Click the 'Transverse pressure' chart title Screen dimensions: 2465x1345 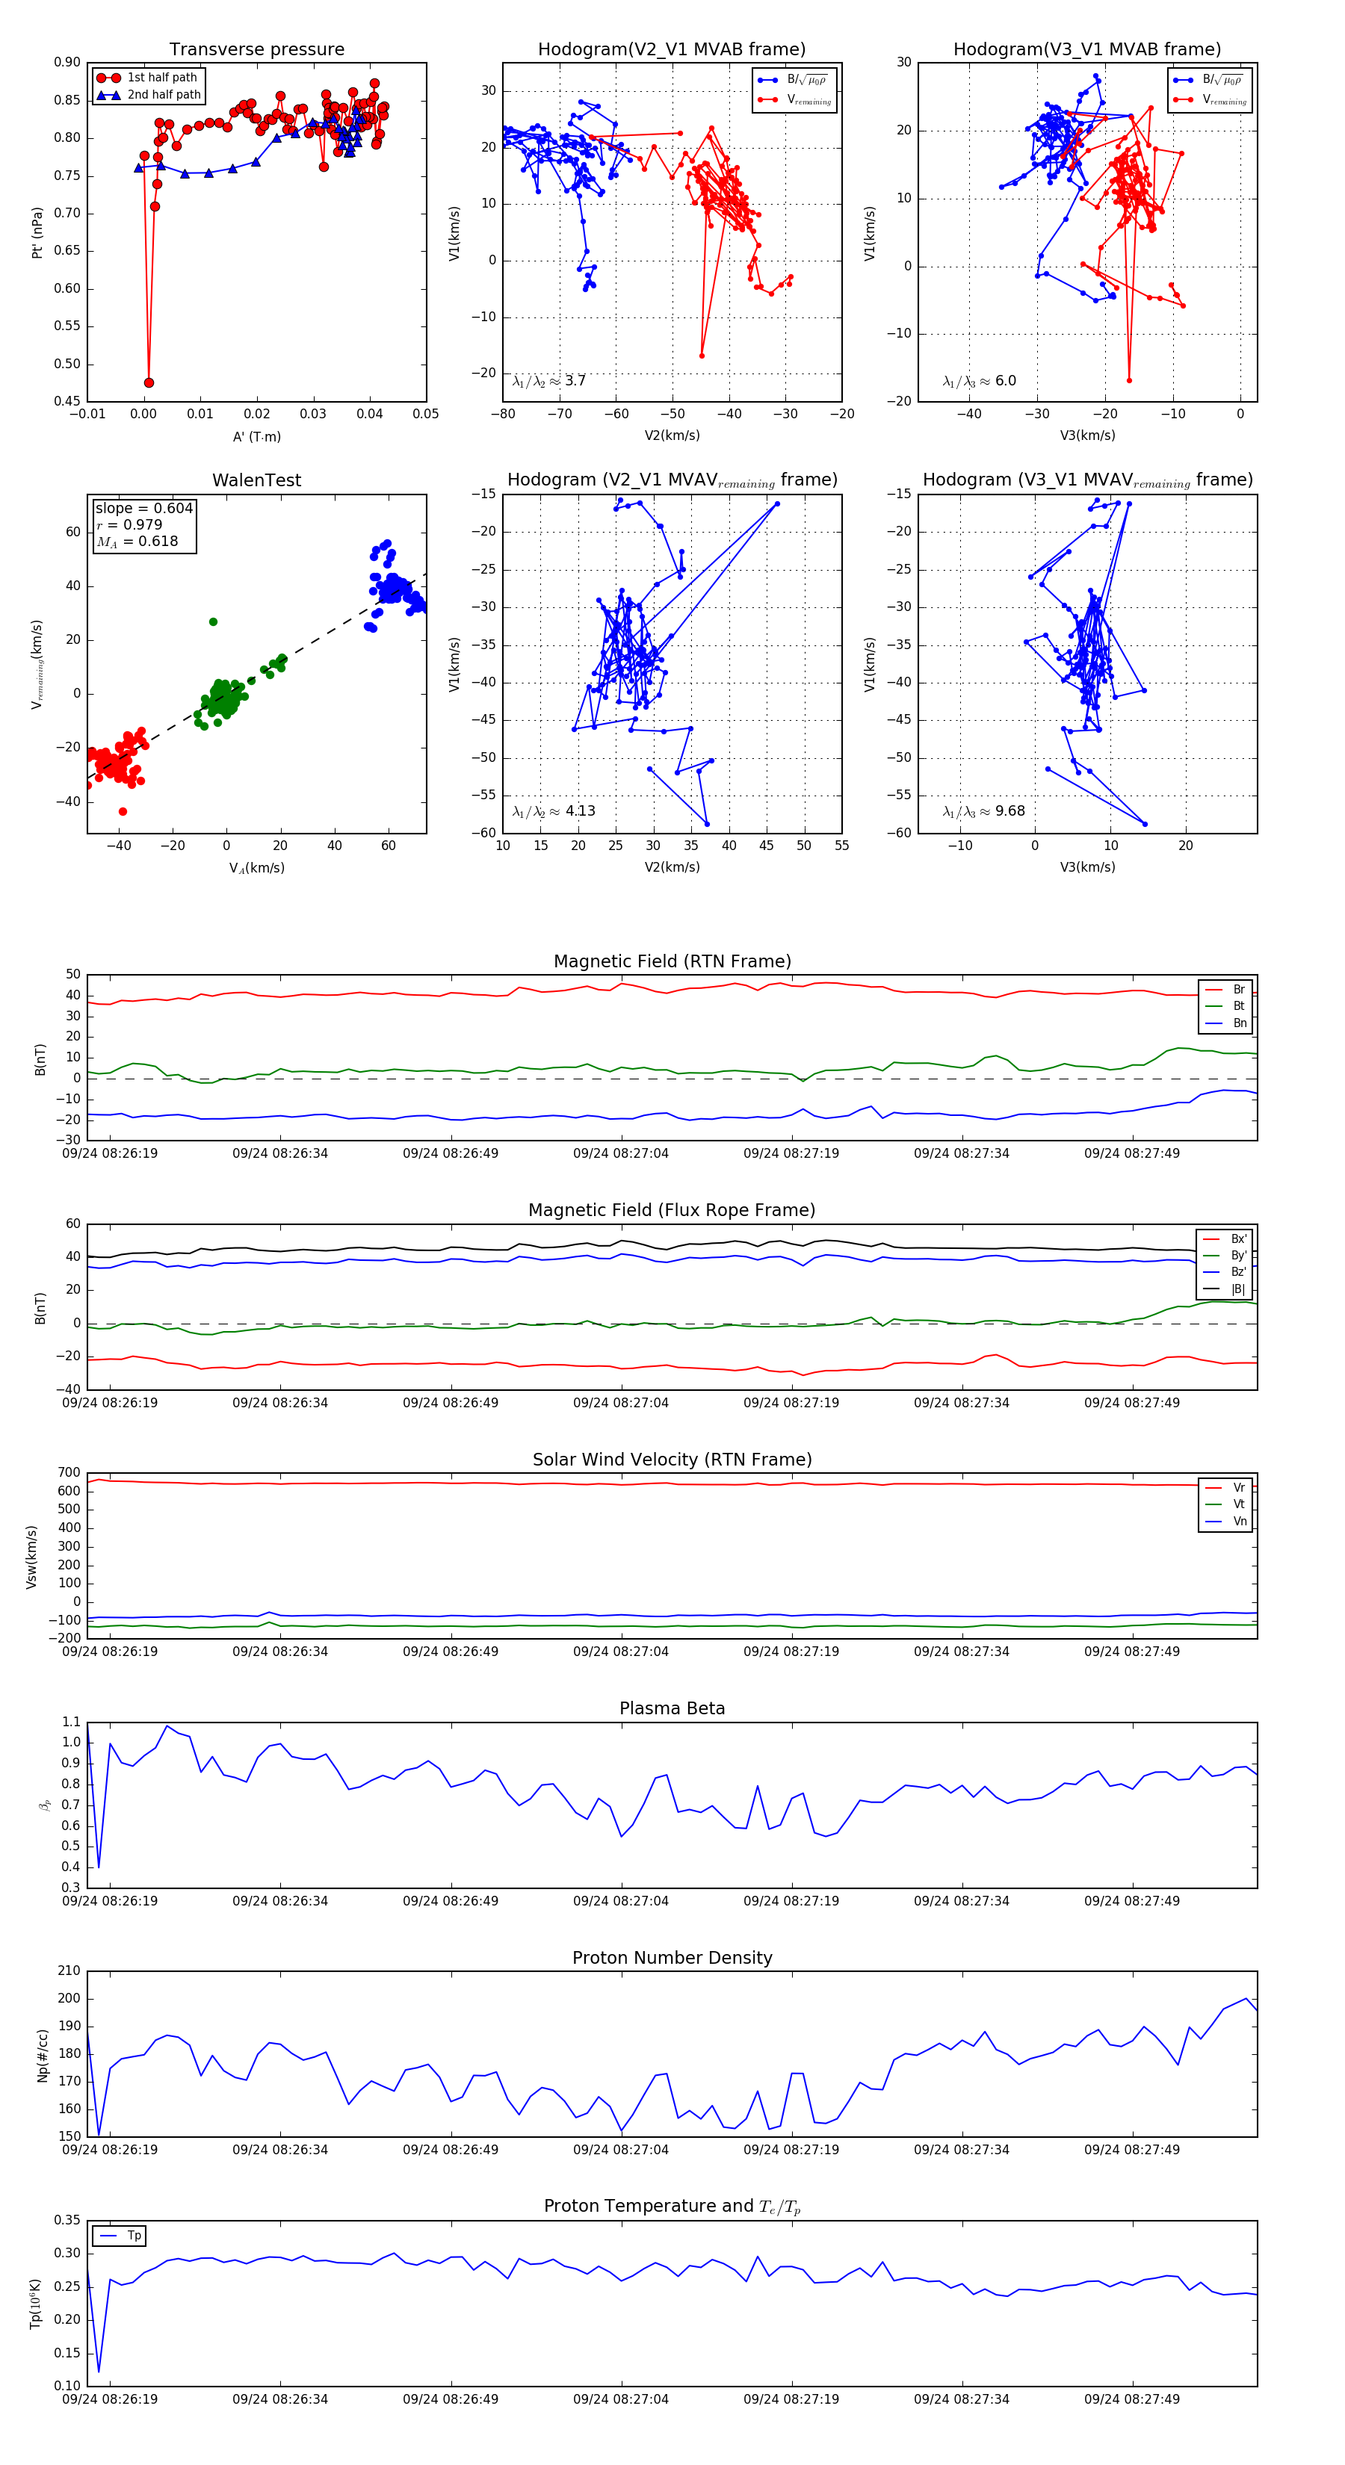pyautogui.click(x=256, y=50)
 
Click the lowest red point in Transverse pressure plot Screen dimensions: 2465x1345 pyautogui.click(x=149, y=382)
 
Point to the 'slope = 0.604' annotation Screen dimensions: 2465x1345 pyautogui.click(x=143, y=508)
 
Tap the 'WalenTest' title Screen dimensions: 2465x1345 pyautogui.click(x=256, y=480)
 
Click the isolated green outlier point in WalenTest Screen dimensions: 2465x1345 pyautogui.click(x=214, y=622)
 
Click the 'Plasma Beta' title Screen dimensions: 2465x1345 pyautogui.click(x=672, y=1708)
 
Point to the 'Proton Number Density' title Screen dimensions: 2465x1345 pyautogui.click(x=672, y=1958)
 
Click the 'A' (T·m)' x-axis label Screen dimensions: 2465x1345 pyautogui.click(x=256, y=436)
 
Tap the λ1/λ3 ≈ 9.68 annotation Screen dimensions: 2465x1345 pyautogui.click(x=983, y=811)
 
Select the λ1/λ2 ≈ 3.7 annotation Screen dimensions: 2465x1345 pyautogui.click(x=548, y=381)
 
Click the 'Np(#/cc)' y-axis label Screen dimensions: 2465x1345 pyautogui.click(x=42, y=2054)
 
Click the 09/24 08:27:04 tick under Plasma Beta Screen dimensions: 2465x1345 pyautogui.click(x=620, y=1901)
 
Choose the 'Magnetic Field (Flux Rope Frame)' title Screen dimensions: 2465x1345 pyautogui.click(x=672, y=1211)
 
